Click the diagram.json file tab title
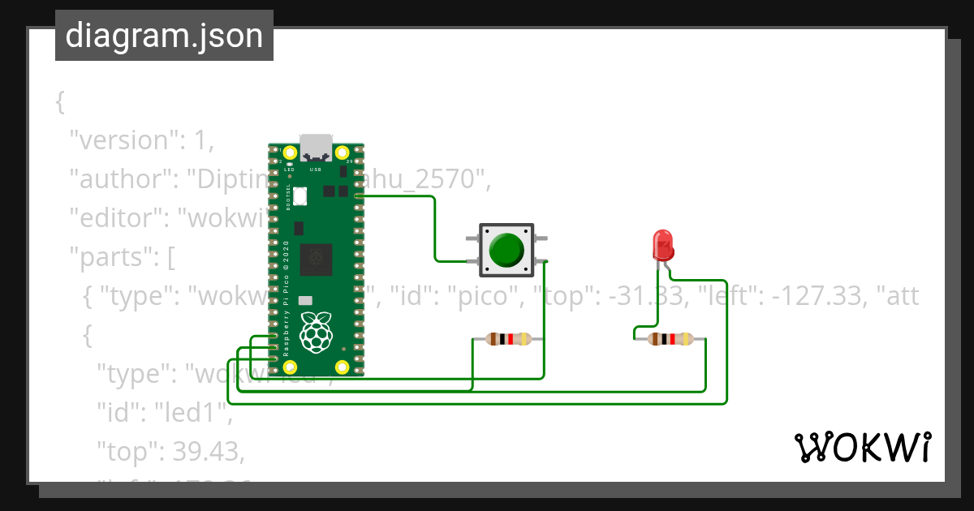[164, 36]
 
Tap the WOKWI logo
[861, 448]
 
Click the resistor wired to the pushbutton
[508, 339]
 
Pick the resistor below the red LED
[670, 339]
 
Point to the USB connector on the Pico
[316, 148]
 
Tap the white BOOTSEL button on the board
[300, 195]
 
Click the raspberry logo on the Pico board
[316, 332]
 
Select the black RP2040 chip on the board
[315, 260]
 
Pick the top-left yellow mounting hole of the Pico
[289, 152]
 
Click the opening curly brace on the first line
[59, 102]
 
